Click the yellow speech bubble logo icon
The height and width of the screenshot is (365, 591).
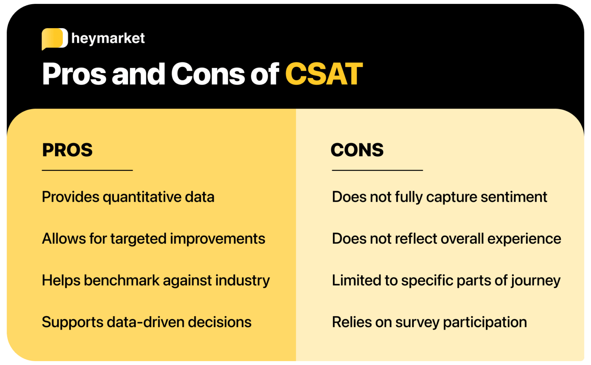54,39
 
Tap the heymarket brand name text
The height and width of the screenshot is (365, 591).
108,39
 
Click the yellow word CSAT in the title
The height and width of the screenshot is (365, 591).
324,74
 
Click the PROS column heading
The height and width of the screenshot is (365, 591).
67,150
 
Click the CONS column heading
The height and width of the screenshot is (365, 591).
357,150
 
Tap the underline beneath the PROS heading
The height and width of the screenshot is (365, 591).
87,170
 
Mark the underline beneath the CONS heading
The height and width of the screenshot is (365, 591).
377,170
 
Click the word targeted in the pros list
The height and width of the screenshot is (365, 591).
138,239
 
